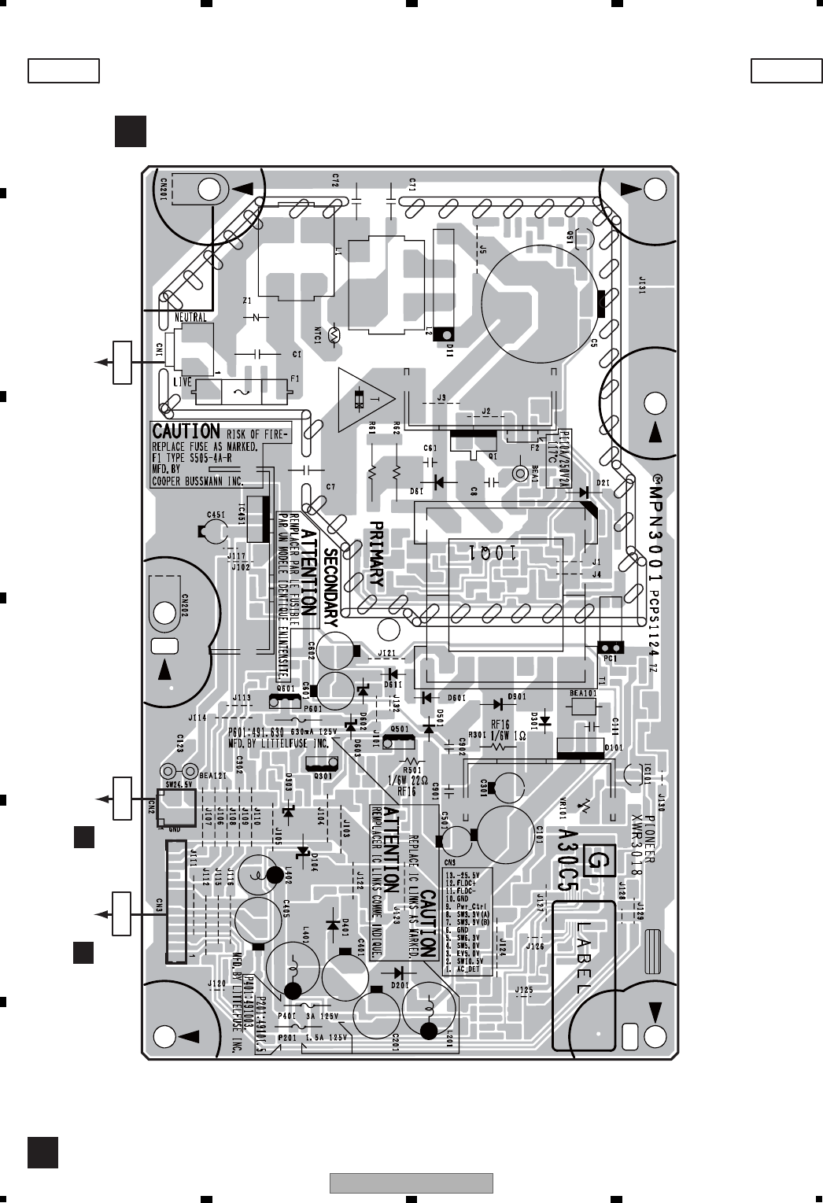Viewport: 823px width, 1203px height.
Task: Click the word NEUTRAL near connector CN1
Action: click(x=189, y=317)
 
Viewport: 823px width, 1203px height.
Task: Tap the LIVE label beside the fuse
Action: click(x=182, y=382)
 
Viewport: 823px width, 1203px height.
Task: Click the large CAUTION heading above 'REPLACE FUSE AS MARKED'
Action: click(x=186, y=431)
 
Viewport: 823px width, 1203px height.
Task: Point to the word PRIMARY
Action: click(x=377, y=555)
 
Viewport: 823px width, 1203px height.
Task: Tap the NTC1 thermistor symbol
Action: click(x=334, y=335)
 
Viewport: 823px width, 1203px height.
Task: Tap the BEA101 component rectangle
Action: click(x=585, y=707)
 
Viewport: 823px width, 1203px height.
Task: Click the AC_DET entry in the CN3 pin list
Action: click(x=471, y=969)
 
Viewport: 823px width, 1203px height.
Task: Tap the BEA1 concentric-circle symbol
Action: click(x=519, y=474)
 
